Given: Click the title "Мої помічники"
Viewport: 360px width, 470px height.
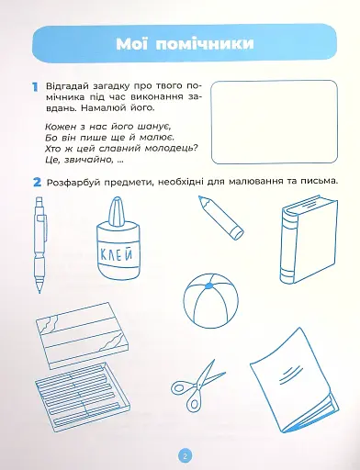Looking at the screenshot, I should click(x=181, y=43).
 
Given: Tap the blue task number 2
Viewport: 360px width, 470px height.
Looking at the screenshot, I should click(x=34, y=180).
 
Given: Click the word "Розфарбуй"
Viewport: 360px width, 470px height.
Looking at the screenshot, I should click(x=71, y=181).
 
